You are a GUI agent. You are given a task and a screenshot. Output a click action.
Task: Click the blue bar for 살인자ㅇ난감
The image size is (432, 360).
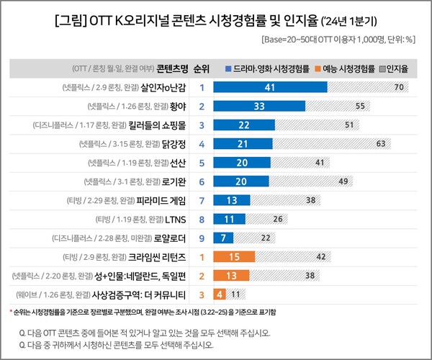click(271, 87)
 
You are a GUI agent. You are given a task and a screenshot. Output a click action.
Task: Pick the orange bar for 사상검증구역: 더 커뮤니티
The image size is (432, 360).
click(218, 294)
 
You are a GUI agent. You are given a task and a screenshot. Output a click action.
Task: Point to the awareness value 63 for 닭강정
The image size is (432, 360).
click(384, 143)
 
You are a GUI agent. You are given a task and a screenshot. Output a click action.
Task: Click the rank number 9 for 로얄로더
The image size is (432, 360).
click(202, 237)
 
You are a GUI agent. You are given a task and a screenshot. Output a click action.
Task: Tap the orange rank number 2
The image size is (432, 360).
click(202, 274)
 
